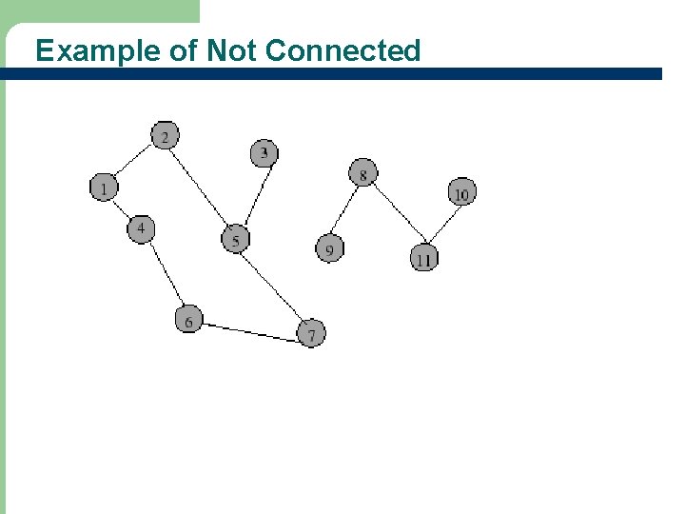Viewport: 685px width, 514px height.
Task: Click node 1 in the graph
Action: click(x=103, y=188)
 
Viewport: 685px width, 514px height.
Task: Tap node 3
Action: click(x=264, y=152)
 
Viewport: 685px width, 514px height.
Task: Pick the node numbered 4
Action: click(x=141, y=229)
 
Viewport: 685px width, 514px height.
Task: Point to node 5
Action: click(x=235, y=239)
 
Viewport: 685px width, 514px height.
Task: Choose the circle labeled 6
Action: click(x=188, y=321)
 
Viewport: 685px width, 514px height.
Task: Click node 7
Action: click(x=311, y=334)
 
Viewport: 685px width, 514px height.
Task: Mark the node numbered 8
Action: click(x=362, y=173)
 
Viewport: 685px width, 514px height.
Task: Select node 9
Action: click(x=329, y=249)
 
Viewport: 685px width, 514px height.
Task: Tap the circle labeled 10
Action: click(x=460, y=193)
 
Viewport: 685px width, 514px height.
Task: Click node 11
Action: click(x=423, y=258)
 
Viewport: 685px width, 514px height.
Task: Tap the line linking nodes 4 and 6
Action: click(x=165, y=275)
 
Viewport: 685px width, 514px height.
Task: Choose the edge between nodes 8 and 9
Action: click(x=346, y=211)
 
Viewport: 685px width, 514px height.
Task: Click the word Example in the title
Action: click(x=98, y=50)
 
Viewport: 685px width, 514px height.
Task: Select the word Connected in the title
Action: click(x=342, y=50)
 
